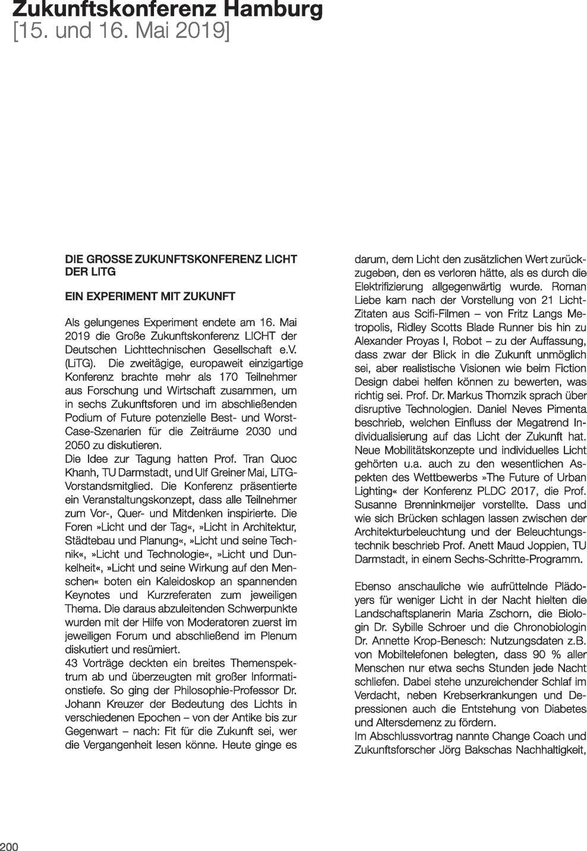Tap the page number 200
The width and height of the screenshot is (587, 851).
point(10,846)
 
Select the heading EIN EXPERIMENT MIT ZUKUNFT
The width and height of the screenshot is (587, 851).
point(150,296)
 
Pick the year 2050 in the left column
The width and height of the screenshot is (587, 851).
point(78,445)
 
